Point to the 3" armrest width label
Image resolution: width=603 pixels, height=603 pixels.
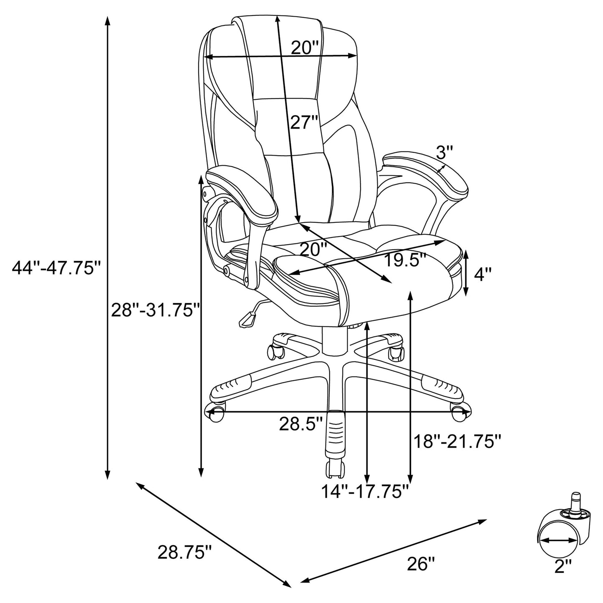coord(444,152)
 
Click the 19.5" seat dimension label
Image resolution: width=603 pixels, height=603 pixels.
coord(405,261)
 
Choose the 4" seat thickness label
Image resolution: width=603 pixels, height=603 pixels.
coord(483,275)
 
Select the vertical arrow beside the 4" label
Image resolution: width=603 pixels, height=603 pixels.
coord(466,273)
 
